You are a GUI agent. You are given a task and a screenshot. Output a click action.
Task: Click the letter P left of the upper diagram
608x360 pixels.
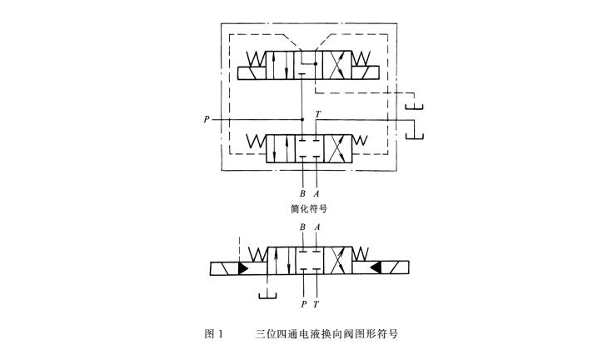click(206, 120)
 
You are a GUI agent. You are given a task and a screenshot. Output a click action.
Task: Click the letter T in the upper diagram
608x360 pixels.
click(317, 114)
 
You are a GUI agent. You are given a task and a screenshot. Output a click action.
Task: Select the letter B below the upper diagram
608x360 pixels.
click(302, 193)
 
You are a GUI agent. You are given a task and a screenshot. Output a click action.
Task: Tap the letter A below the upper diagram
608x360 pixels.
click(316, 193)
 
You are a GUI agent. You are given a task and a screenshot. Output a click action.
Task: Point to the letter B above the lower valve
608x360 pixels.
click(302, 227)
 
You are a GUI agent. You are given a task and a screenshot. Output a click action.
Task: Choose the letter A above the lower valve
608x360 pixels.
click(316, 227)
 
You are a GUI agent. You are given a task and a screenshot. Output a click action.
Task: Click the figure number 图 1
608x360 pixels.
click(214, 334)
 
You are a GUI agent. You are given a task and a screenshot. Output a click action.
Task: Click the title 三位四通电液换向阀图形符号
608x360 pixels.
click(326, 334)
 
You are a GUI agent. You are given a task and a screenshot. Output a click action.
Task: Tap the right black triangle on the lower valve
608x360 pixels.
click(376, 268)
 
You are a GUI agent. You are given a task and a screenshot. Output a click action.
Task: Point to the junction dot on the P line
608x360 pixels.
click(302, 120)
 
